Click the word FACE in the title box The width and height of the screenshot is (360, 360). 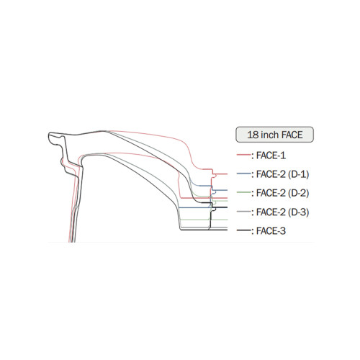pos(292,135)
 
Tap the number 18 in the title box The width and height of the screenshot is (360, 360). pos(253,135)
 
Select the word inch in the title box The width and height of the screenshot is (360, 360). pos(270,135)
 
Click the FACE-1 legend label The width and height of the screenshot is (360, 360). pos(271,156)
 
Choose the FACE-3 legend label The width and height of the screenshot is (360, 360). pos(271,231)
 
